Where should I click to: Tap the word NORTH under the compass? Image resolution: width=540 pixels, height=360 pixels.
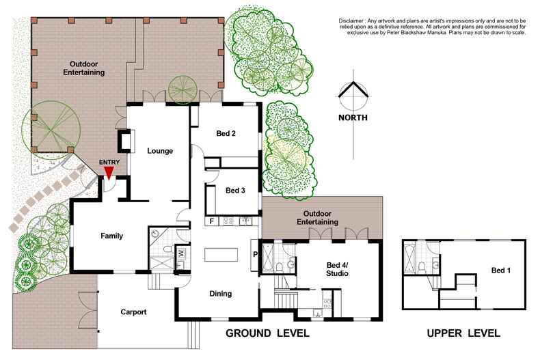point(353,117)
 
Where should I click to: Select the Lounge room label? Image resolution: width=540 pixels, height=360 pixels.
point(160,151)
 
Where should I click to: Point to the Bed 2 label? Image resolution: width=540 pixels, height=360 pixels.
point(226,133)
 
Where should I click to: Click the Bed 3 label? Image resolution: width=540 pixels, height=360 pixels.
point(234,191)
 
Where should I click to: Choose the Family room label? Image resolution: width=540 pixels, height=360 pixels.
point(111,236)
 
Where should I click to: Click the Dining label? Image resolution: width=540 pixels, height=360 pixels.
point(220,294)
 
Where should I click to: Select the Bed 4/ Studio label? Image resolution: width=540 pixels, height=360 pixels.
point(336,268)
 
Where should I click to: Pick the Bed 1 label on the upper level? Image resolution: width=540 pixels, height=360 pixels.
point(501,271)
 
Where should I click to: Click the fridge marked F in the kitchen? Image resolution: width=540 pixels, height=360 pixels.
point(212,221)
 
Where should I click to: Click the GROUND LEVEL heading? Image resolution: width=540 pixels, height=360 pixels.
point(268,334)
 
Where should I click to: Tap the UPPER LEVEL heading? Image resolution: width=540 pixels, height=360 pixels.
point(463,334)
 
